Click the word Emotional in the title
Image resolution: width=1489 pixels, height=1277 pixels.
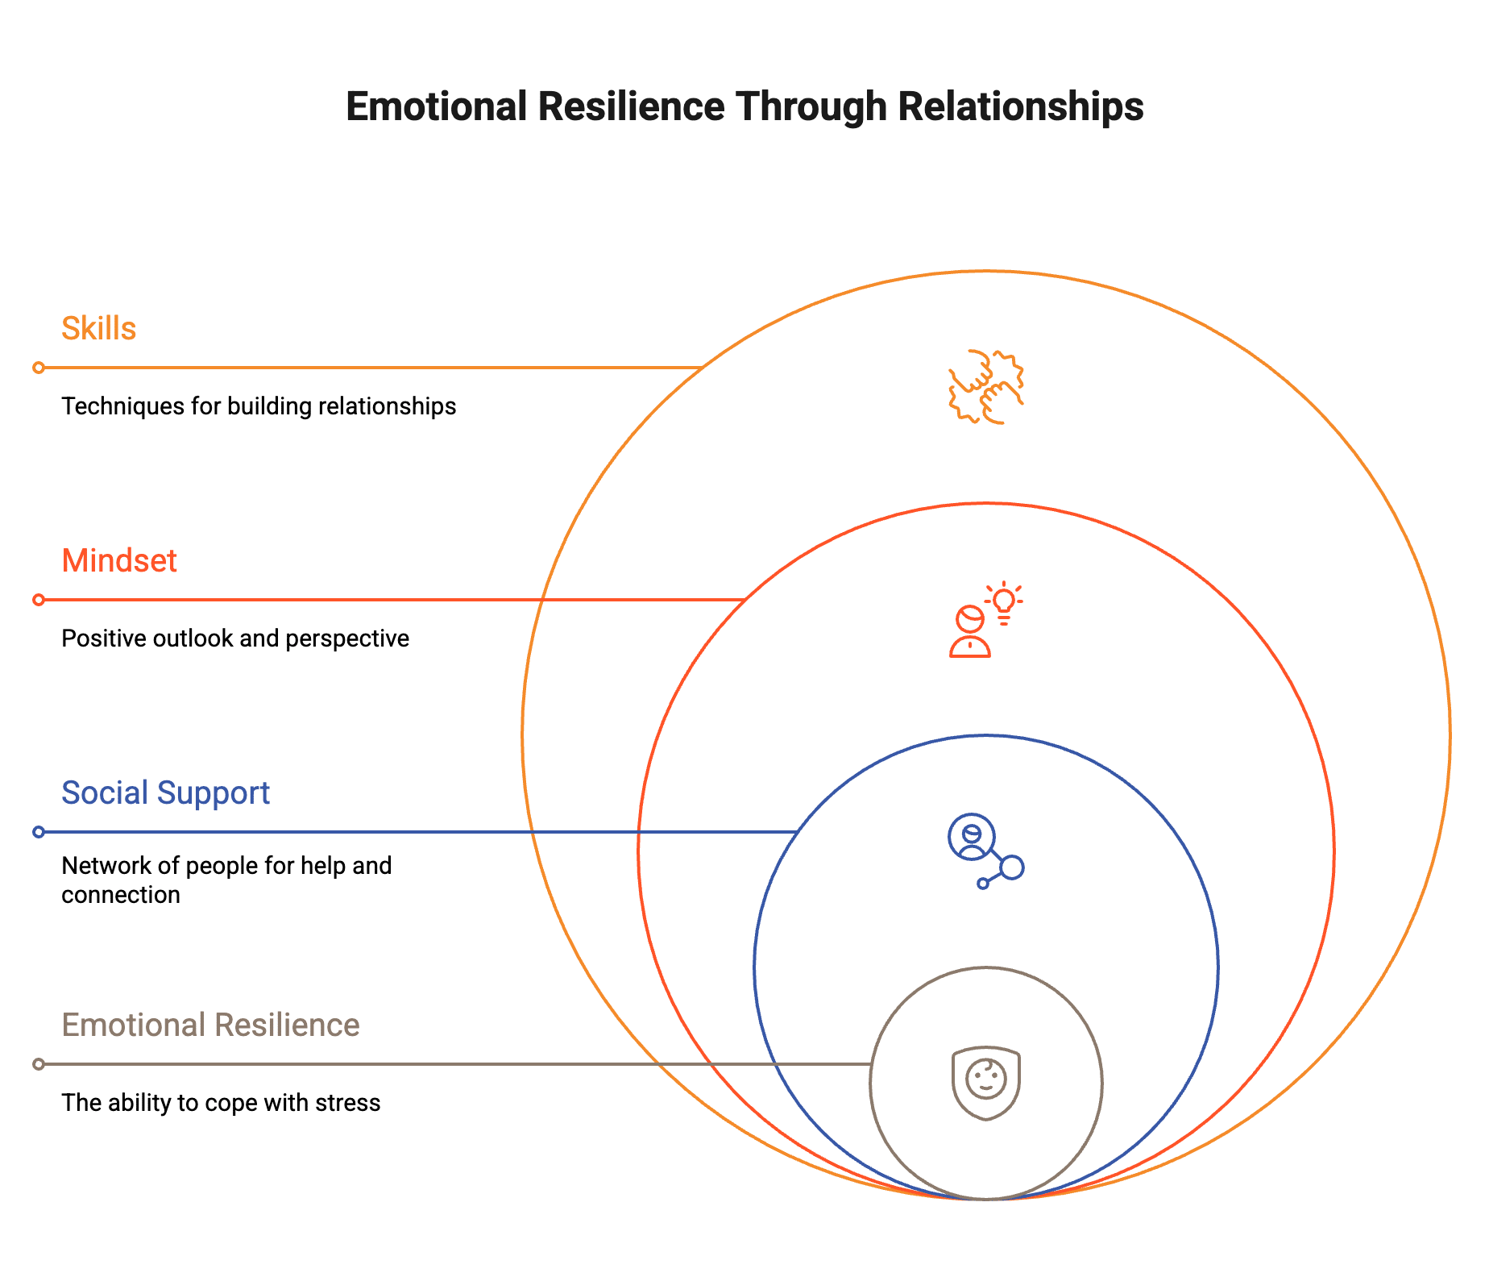[436, 106]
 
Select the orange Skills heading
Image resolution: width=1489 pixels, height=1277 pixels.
[98, 329]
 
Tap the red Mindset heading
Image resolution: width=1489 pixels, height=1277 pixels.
[119, 561]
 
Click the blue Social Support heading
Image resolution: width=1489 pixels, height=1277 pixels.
[165, 793]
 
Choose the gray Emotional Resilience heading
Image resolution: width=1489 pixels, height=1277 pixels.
[210, 1025]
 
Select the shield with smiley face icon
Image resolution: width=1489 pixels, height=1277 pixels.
[986, 1083]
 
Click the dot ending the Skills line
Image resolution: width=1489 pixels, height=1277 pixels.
[39, 368]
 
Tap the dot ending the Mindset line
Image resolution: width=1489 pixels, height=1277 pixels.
[39, 600]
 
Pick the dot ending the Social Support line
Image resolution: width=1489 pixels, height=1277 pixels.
[39, 832]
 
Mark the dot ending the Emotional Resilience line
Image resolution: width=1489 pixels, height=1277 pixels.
[39, 1064]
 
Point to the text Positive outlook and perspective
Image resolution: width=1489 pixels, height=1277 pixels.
[235, 639]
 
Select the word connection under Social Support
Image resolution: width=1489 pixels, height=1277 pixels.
[121, 895]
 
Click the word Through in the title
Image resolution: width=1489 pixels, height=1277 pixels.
[811, 106]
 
